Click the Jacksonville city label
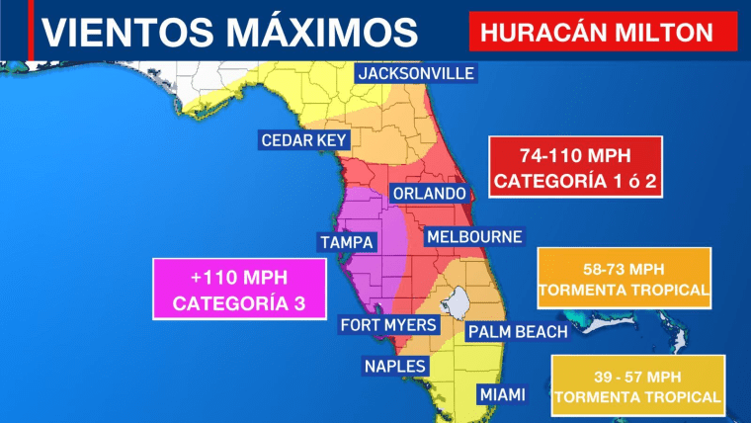coord(416,74)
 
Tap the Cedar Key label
coord(303,140)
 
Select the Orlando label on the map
coord(427,193)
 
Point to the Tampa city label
coord(346,242)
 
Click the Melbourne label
coord(473,237)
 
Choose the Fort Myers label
coord(382,325)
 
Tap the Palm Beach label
coord(517,331)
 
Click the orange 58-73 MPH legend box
coord(624,279)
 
